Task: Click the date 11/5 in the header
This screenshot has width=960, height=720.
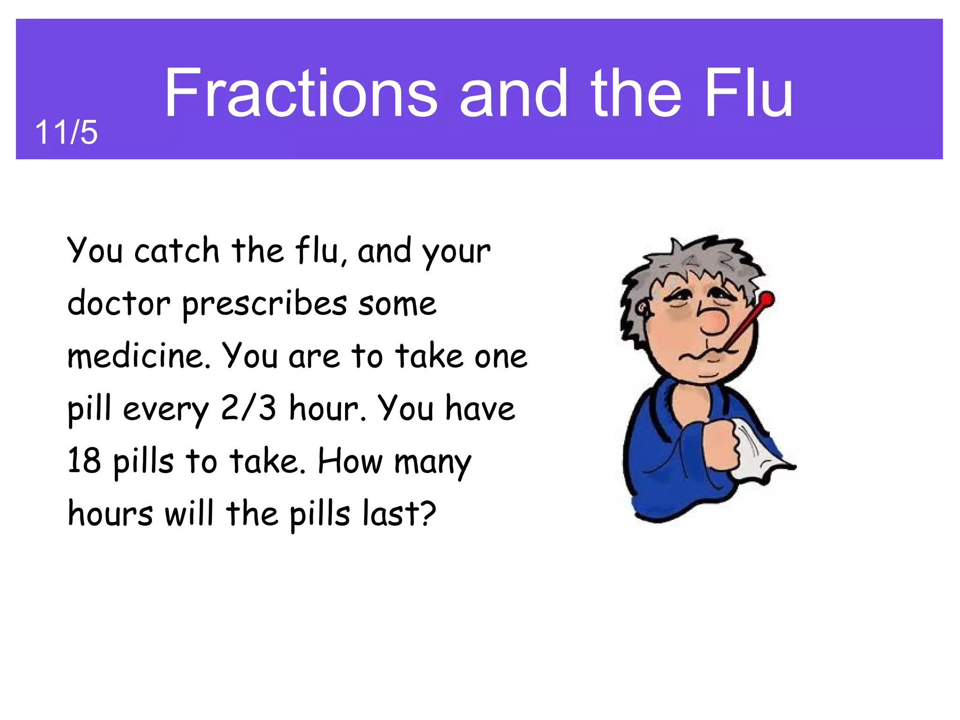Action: coord(66,133)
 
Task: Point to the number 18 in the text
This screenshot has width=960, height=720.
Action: coord(84,460)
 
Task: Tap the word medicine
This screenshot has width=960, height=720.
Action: coord(139,356)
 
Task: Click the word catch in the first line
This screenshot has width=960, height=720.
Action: coord(177,251)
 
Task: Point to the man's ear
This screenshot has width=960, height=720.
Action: coord(643,310)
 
